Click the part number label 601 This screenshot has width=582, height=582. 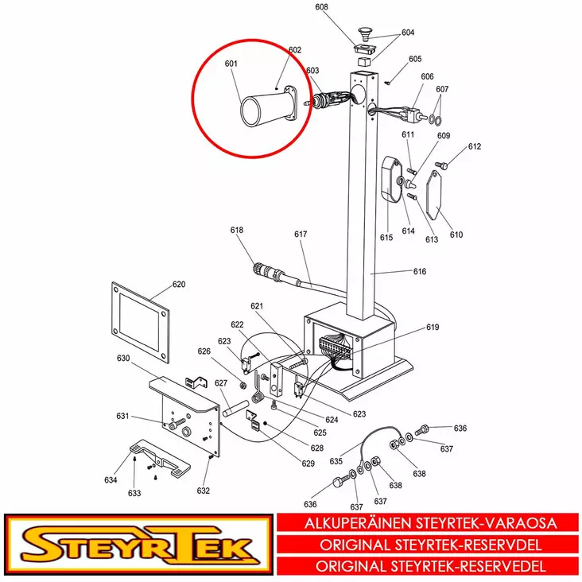[x=231, y=64]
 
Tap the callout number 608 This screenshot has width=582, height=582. [x=321, y=6]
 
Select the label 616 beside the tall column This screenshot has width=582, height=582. [x=420, y=271]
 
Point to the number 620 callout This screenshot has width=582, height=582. [x=179, y=285]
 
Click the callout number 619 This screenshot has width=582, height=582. [x=433, y=327]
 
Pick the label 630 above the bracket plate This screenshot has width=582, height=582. [x=123, y=358]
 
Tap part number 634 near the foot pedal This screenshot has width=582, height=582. [x=111, y=480]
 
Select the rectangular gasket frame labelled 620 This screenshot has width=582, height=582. [x=140, y=322]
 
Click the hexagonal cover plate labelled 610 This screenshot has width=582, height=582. [x=433, y=195]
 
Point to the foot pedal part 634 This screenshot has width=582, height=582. [x=161, y=458]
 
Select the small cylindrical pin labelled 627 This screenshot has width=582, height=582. [x=235, y=408]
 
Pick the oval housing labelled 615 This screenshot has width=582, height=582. [x=392, y=180]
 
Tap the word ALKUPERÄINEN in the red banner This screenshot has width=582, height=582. [x=358, y=523]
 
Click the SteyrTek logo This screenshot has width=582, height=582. [x=139, y=545]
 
